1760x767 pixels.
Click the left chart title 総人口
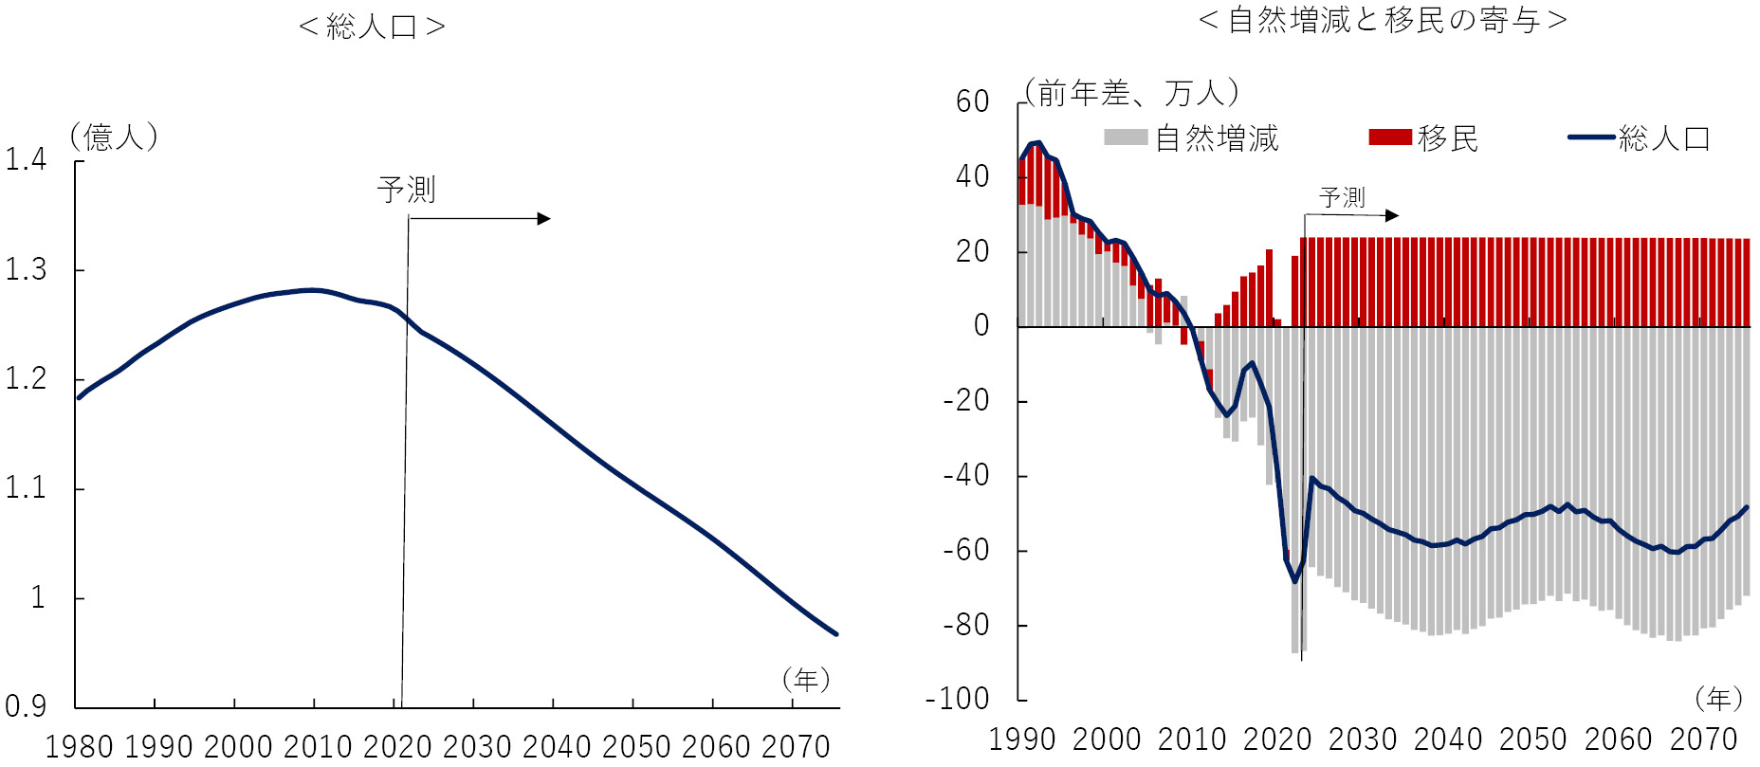(x=372, y=27)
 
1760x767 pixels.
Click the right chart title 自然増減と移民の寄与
(x=1384, y=20)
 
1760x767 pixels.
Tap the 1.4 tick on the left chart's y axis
(x=26, y=159)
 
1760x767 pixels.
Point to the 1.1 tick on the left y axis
(x=26, y=488)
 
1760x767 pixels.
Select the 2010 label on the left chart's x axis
(x=318, y=747)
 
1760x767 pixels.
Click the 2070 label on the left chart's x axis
(x=796, y=747)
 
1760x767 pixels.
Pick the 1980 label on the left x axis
(x=80, y=747)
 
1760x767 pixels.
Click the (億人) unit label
(x=114, y=137)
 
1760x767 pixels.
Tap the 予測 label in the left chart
(x=406, y=190)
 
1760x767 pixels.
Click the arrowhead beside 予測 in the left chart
(x=544, y=219)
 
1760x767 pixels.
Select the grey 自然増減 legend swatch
(x=1126, y=138)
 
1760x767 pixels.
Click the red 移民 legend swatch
(x=1390, y=138)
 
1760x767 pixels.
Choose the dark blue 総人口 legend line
(x=1591, y=138)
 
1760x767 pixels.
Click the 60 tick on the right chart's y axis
(x=972, y=101)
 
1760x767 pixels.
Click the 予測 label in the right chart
(x=1342, y=197)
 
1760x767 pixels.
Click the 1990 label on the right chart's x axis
(x=1021, y=740)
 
